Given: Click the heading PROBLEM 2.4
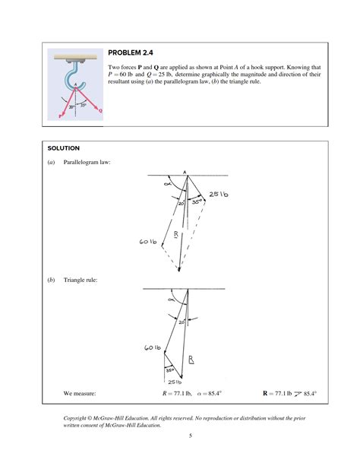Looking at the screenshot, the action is click(131, 52).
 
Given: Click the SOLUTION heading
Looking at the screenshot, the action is click(64, 148).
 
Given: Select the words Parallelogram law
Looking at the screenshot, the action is click(87, 162).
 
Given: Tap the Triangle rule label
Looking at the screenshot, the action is click(80, 280).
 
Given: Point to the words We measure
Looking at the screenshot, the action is click(79, 393).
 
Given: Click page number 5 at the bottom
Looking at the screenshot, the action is click(191, 436).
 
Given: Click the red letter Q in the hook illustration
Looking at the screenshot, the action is click(100, 110).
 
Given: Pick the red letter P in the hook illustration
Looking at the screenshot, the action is click(60, 116).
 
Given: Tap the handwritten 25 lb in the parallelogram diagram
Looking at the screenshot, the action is click(219, 195).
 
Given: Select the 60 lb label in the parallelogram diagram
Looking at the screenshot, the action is click(147, 242).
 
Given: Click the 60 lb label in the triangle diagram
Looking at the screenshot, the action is click(153, 347).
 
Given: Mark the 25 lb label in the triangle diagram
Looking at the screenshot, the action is click(175, 382).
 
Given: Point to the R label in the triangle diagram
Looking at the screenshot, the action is click(191, 360).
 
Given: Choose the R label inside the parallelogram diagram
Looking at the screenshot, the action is click(176, 234).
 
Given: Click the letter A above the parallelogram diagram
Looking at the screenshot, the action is click(185, 172).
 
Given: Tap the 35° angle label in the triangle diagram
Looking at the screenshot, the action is click(169, 371).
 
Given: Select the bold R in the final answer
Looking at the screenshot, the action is click(265, 393).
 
